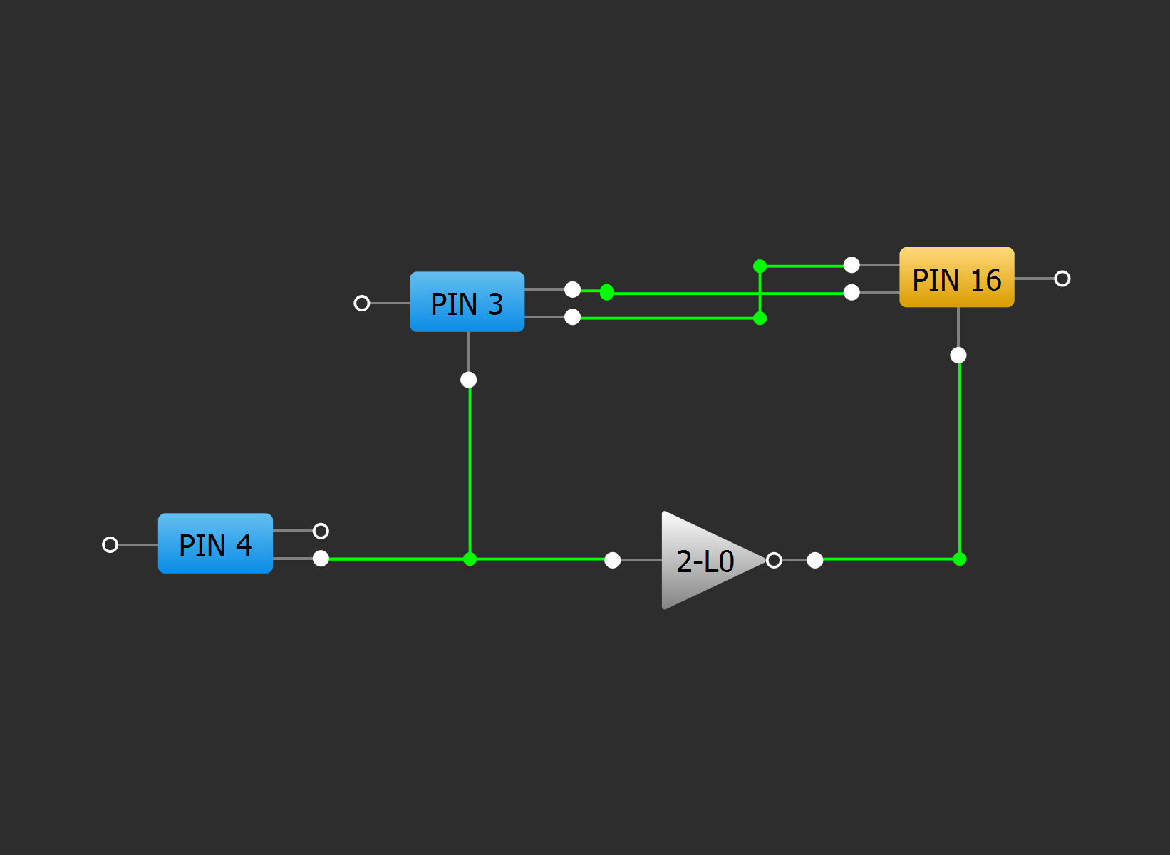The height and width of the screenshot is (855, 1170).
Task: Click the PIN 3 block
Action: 467,302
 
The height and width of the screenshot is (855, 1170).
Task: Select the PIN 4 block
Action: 215,544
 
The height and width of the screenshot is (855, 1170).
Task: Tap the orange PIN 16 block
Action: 956,278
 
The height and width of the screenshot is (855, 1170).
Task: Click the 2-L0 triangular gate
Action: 705,561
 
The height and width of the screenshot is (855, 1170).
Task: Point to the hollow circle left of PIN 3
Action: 362,304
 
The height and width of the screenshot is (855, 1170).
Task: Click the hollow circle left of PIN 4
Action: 110,544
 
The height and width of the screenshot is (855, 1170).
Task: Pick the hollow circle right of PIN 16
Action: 1062,279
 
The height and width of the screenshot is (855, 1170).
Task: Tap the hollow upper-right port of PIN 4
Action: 321,531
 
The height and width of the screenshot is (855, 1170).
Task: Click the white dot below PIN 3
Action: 468,380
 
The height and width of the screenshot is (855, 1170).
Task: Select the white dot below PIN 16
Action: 958,355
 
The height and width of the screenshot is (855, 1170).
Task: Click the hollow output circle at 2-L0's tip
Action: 774,560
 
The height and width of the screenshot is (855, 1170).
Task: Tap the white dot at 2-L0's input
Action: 612,560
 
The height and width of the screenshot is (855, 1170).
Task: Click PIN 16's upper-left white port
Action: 851,265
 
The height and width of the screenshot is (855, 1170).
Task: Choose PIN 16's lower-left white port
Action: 851,292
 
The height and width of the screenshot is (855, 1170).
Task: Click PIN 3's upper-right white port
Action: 572,289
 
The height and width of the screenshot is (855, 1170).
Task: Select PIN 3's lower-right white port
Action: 572,317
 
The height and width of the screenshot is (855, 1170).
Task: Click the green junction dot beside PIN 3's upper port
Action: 606,292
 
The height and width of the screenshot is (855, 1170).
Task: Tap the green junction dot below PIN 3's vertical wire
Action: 470,559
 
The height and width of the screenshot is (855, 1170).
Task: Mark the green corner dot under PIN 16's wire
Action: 960,559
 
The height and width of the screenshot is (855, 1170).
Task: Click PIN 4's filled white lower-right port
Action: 321,559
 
